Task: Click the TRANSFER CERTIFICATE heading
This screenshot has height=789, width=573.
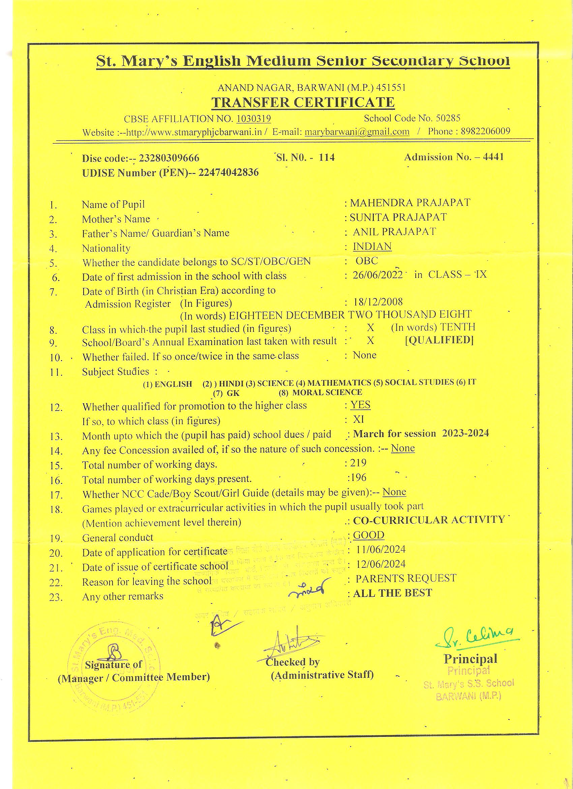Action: click(x=303, y=103)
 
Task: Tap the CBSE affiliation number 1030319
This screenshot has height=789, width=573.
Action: click(x=253, y=119)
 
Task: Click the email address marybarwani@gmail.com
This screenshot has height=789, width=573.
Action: click(x=357, y=132)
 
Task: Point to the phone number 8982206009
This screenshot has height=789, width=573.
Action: click(x=485, y=132)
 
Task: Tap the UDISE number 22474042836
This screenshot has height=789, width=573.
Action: click(x=228, y=172)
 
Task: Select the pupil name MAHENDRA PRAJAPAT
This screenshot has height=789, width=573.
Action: click(x=410, y=202)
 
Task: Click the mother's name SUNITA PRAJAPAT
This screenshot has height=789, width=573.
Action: click(x=398, y=217)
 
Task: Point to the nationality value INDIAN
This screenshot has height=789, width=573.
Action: click(x=372, y=246)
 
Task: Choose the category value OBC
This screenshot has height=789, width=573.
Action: click(x=367, y=261)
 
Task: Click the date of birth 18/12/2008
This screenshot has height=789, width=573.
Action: click(x=378, y=302)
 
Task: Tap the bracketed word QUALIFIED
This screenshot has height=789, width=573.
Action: click(x=439, y=340)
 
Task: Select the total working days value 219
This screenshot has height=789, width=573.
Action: click(x=358, y=463)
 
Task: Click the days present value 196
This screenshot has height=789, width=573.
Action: click(x=358, y=477)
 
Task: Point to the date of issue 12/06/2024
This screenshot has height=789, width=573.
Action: click(x=381, y=564)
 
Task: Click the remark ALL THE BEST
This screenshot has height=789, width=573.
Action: click(x=392, y=593)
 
